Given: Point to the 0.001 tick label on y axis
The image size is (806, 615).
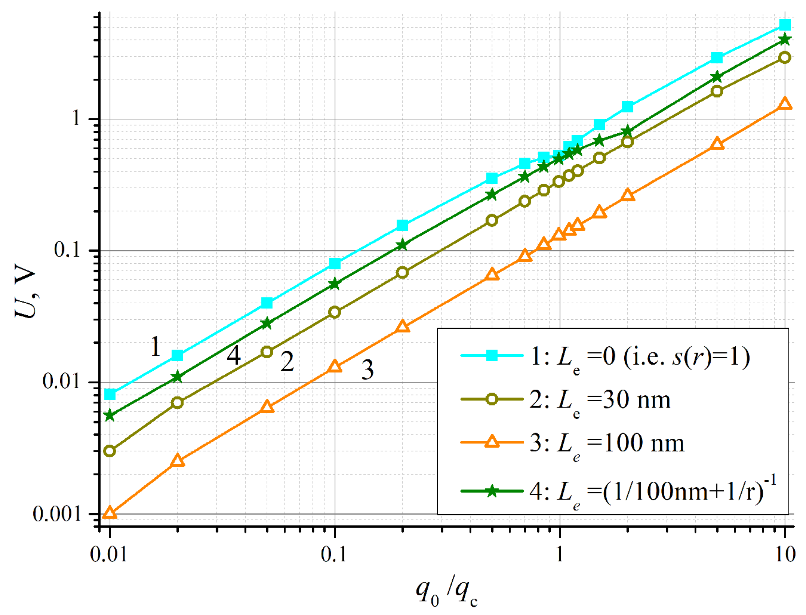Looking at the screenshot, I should tap(56, 514).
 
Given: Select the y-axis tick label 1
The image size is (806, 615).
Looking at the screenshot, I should tap(76, 118).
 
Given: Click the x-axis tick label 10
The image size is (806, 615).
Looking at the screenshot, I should tap(785, 554).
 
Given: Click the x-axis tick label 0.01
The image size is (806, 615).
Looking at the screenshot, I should tap(109, 554).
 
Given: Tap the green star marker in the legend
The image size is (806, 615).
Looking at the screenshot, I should tap(492, 491).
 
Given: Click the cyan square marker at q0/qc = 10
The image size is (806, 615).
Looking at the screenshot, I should tap(785, 25).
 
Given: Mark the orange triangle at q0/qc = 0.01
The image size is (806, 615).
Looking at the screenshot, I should tap(110, 513).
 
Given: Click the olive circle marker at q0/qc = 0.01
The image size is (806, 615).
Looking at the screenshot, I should tap(110, 451).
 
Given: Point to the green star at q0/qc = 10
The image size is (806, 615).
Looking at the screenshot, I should tap(785, 40).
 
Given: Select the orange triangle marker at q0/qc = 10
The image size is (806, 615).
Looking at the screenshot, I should tap(785, 104).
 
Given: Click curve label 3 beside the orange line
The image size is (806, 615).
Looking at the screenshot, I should tap(367, 370).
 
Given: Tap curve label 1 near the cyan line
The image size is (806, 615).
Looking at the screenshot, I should tap(156, 346).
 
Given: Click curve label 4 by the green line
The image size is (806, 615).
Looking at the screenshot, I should tap(233, 355).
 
